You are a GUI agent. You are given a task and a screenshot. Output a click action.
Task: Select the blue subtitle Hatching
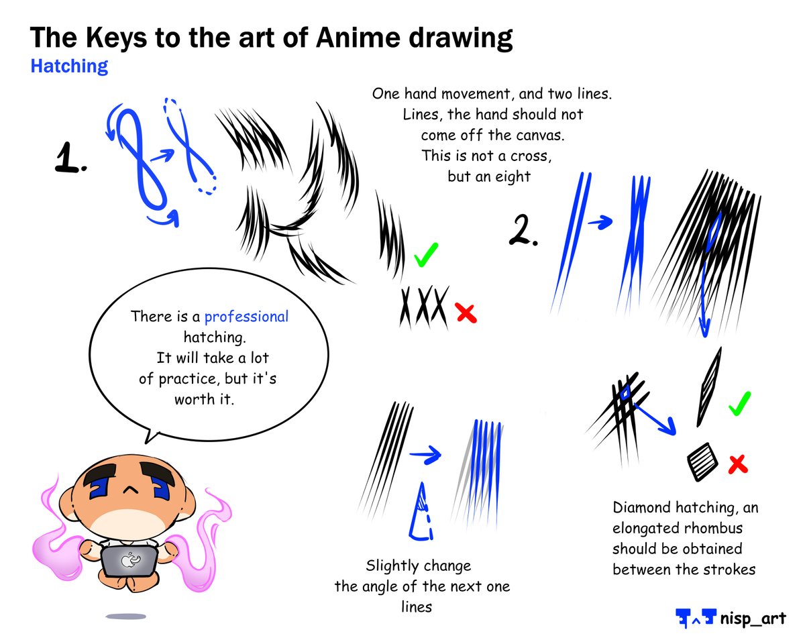point(69,66)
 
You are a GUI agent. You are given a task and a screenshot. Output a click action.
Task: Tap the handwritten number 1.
point(70,160)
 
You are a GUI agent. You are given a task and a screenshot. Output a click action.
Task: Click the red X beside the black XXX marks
point(464,313)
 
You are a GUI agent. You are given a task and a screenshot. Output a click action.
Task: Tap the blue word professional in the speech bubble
point(246,317)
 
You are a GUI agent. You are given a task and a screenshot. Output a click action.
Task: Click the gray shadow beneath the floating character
point(125,616)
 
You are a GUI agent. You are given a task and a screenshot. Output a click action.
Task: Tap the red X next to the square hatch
point(738,463)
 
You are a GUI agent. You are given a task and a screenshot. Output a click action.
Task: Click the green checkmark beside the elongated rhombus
point(739,403)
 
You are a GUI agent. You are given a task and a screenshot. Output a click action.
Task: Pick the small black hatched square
point(702,462)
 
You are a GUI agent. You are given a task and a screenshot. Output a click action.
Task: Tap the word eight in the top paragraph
point(513,177)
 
